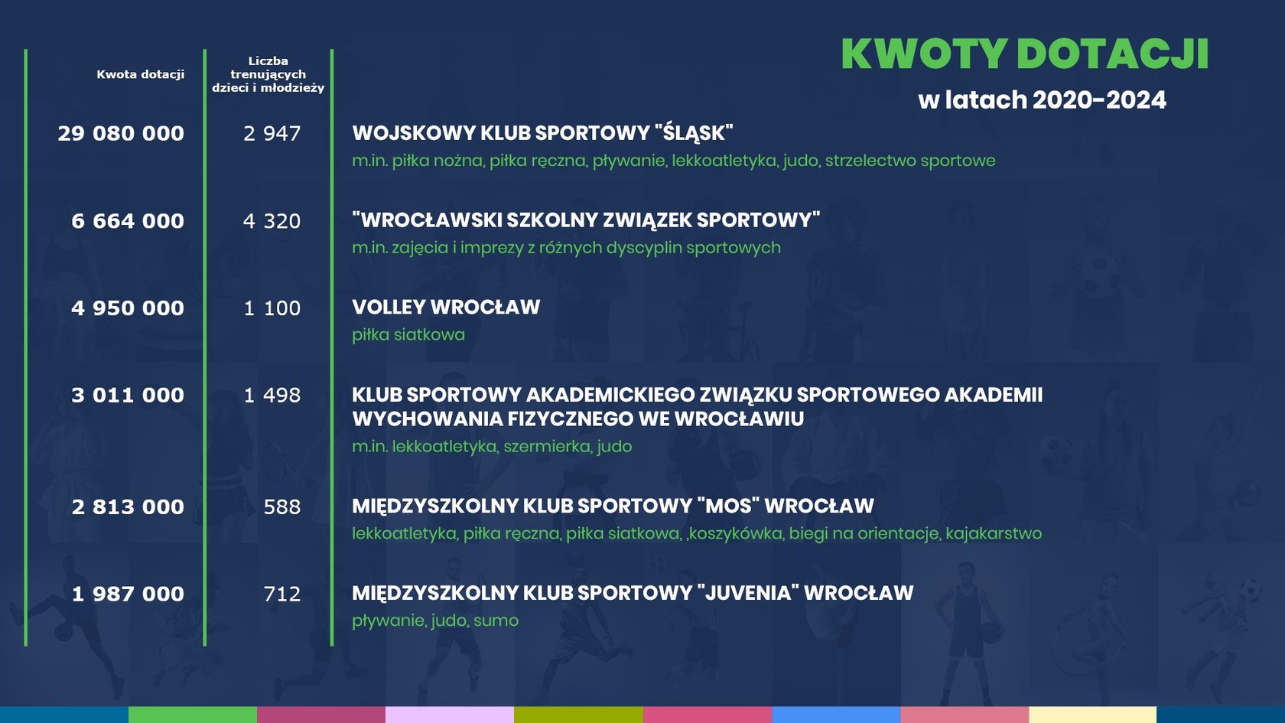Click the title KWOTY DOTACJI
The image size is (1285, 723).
(1025, 54)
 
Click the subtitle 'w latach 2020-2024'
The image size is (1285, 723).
(1043, 99)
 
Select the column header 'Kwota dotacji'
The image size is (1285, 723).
(141, 75)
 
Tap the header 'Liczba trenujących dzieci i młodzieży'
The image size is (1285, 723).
(268, 75)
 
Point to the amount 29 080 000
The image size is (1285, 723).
(121, 134)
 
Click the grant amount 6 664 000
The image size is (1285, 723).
(128, 221)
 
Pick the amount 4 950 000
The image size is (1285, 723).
(128, 308)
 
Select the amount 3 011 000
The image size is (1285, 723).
(128, 396)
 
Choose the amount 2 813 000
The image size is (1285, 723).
(128, 507)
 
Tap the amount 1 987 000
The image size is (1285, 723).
(128, 594)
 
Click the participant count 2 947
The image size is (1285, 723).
(272, 134)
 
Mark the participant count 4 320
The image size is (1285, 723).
(272, 221)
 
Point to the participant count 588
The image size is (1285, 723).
(282, 507)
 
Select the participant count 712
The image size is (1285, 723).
(282, 594)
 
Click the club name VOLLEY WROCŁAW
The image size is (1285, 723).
(446, 308)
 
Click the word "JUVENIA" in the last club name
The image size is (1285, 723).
(750, 593)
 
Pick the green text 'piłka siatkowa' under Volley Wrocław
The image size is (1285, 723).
(408, 334)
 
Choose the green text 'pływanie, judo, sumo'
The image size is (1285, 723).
(435, 621)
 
